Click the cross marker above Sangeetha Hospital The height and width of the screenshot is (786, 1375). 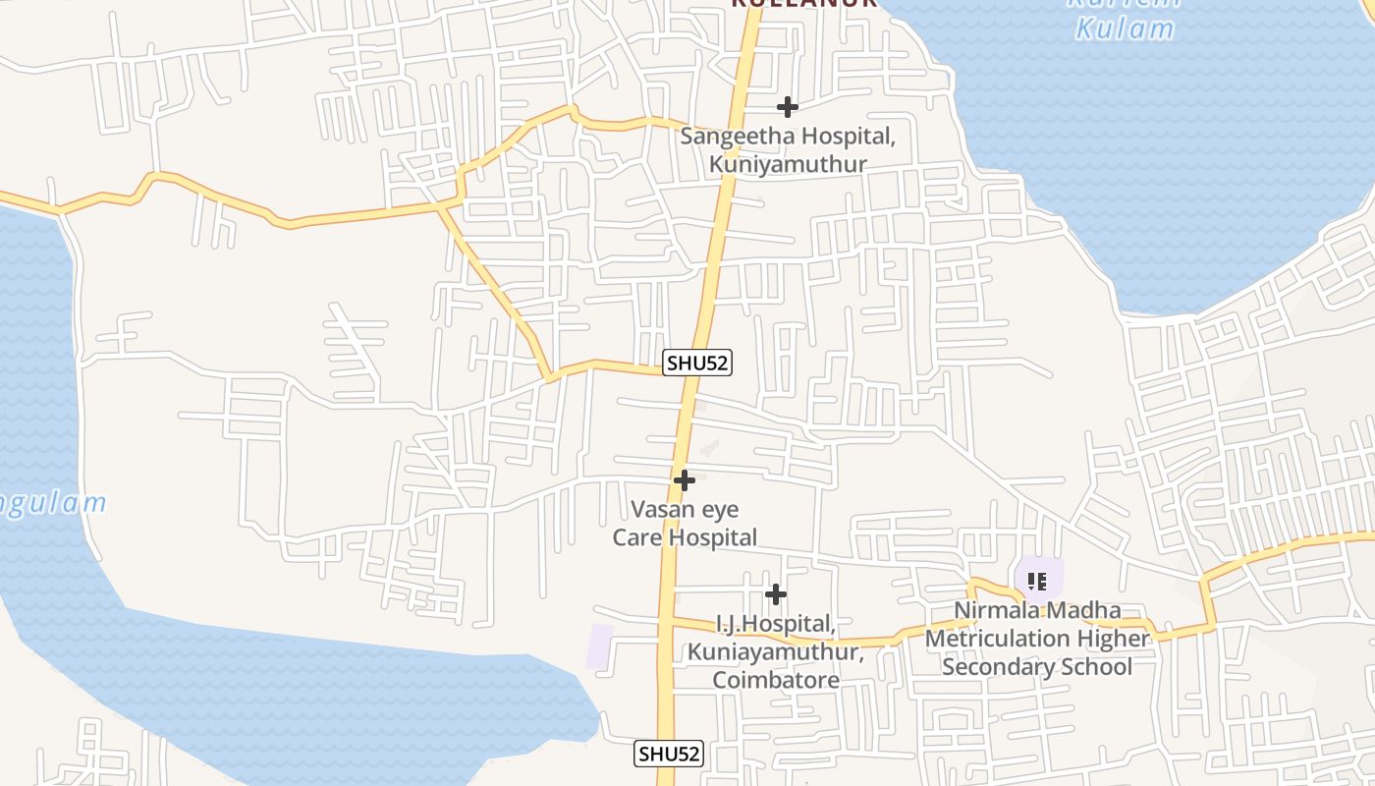coord(787,107)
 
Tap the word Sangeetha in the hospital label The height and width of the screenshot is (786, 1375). coord(735,137)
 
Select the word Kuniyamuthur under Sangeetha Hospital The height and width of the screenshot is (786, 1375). coord(788,164)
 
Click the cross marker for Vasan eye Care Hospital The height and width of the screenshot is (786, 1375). coord(685,480)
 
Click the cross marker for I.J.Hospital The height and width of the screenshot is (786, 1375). coord(776,594)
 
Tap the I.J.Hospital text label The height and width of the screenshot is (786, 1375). coord(776,624)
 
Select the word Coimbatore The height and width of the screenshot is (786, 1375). coord(776,680)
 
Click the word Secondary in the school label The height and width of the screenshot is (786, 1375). coord(991,667)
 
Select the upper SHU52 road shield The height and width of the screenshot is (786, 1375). coord(697,363)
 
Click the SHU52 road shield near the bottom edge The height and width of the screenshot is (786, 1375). coord(669,754)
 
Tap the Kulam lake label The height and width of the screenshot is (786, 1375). coord(1125,28)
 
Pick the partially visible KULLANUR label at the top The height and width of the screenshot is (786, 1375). coord(803,4)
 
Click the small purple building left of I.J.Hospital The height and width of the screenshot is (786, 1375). coord(599,646)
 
